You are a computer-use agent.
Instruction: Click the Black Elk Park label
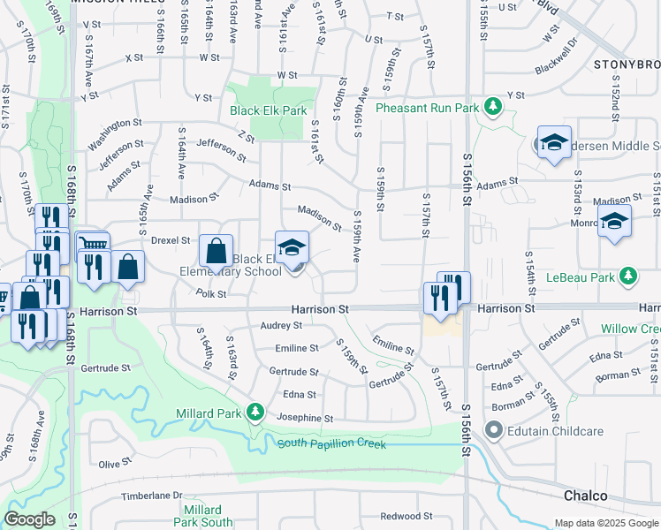coord(268,110)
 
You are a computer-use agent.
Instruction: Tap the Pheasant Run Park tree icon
coord(493,108)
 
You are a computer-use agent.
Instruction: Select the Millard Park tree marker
coord(255,412)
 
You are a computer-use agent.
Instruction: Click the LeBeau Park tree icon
coord(628,276)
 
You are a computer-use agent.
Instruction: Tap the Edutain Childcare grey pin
coord(492,431)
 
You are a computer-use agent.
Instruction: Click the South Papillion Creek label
coord(331,443)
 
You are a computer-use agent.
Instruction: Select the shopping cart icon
coord(93,244)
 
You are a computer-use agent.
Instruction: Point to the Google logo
coord(29,519)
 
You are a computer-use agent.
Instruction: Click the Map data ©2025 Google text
coord(605,523)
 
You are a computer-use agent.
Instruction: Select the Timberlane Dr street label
coord(150,496)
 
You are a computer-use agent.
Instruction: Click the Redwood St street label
coord(406,516)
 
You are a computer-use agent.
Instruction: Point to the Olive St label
coord(115,464)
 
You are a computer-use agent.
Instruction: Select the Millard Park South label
coord(203,516)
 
